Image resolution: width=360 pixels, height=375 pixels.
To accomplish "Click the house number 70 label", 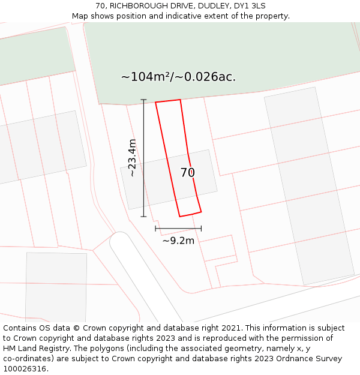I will pos(188,173).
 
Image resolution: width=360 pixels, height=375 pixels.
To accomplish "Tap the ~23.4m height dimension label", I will pos(132,157).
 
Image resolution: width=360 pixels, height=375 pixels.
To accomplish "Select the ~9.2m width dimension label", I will pos(178,241).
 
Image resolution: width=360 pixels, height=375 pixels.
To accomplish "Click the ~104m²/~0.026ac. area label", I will pos(178,77).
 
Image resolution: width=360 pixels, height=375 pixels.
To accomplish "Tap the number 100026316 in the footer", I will pos(24,369).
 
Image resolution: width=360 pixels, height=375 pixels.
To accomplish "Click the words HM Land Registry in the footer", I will pos(30,349).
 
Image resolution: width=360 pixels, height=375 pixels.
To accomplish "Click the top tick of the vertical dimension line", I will pos(143,100).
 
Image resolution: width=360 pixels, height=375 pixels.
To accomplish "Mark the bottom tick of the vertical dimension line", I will pos(143,217).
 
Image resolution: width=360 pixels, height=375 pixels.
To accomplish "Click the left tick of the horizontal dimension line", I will pos(155,228).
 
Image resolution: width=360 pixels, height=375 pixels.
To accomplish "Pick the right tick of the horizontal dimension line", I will pos(201,228).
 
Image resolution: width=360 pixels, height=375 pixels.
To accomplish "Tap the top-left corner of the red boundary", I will pos(156,103).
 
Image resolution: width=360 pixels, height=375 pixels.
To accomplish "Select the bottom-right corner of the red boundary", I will pos(201,211).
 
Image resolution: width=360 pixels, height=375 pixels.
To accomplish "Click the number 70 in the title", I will pos(101,6).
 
